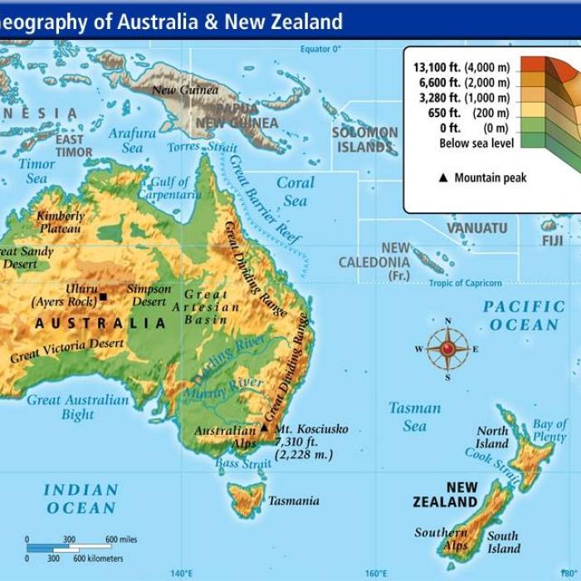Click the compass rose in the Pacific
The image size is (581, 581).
447,349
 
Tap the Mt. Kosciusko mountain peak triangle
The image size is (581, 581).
264,428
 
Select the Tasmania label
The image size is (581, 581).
293,501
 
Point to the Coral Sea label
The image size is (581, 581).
295,191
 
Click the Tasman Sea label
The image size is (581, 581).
415,416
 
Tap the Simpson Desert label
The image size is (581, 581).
149,295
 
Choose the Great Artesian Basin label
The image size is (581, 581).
206,307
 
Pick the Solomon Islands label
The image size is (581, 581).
365,139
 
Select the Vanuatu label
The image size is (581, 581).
477,227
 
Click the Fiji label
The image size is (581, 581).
552,241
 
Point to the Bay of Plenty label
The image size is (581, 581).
549,430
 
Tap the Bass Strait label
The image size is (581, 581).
243,464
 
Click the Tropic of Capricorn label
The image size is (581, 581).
465,284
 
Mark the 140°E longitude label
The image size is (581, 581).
182,573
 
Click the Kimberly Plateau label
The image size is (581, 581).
61,222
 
